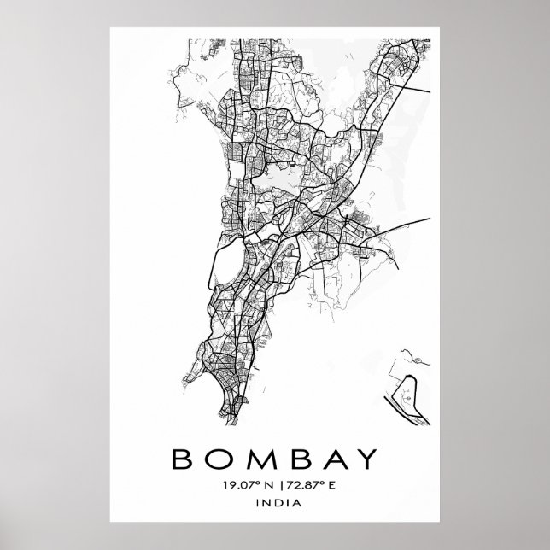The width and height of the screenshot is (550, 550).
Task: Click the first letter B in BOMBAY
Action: pos(184,460)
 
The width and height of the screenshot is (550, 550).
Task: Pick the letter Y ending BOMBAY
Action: pos(364,460)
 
